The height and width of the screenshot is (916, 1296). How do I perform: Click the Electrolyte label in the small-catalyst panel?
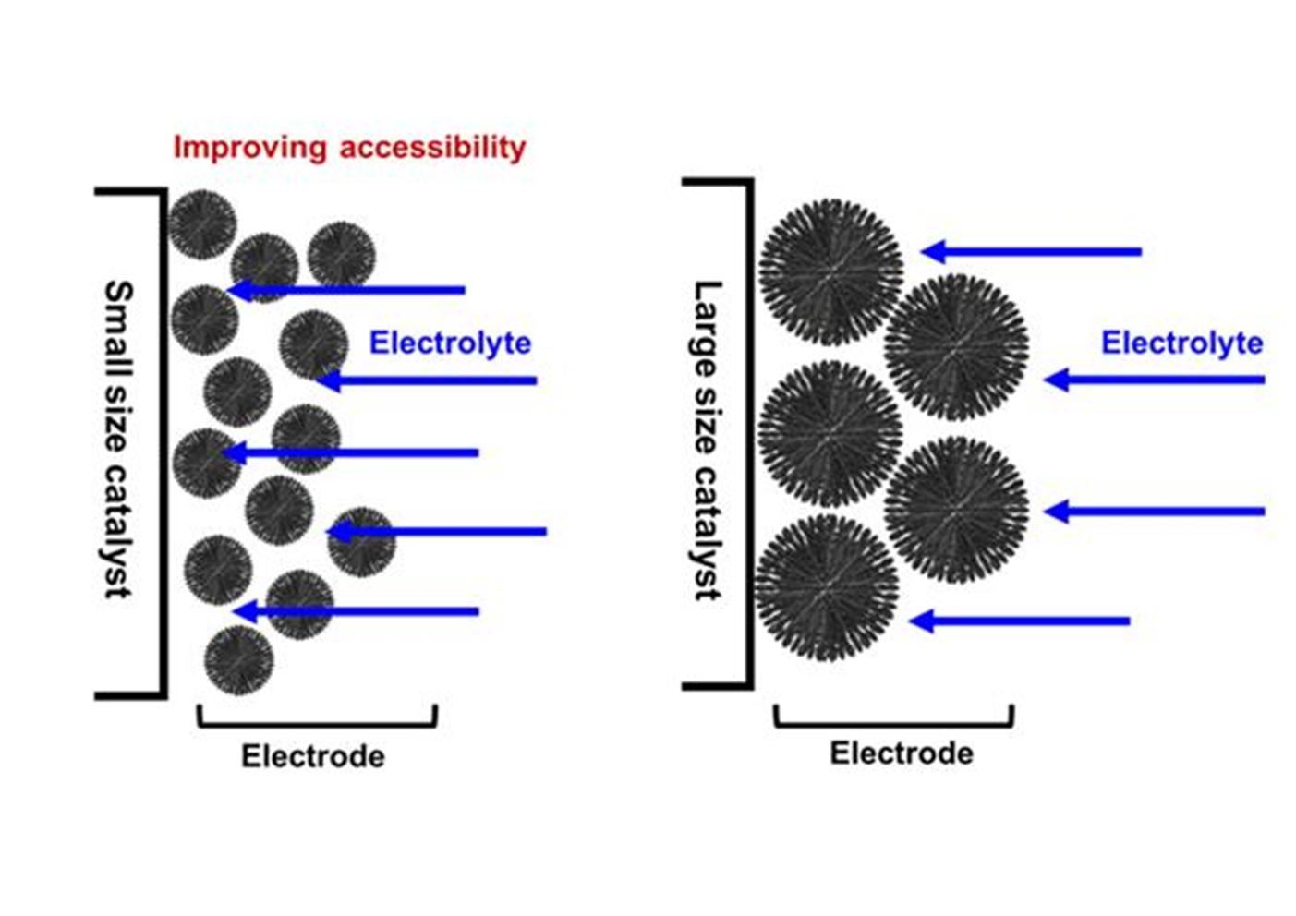450,343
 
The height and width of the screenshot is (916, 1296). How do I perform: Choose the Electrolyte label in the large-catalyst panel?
1181,343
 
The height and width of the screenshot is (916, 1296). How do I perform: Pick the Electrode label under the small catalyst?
313,756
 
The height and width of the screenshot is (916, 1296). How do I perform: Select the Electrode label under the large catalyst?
901,753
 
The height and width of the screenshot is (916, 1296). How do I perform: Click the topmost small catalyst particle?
202,224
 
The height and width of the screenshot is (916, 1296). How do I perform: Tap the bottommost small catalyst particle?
238,659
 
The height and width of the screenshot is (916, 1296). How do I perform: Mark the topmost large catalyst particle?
830,271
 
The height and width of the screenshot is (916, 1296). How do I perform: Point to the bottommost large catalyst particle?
826,587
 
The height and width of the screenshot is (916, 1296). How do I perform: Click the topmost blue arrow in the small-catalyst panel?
346,290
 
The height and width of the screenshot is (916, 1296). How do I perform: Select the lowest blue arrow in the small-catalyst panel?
356,611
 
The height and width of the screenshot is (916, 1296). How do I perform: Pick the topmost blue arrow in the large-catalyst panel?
1032,251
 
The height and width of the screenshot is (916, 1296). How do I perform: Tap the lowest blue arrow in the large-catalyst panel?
1019,621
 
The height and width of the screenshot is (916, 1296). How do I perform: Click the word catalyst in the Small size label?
119,530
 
